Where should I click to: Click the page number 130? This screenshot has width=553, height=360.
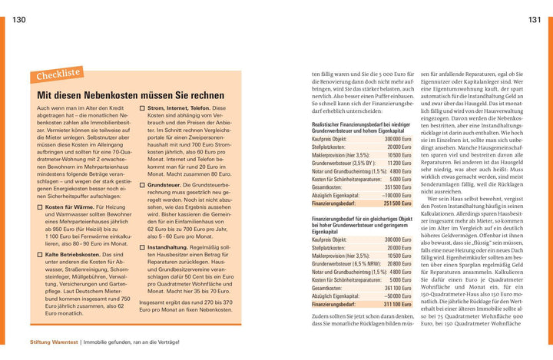point(20,18)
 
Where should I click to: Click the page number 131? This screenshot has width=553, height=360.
point(533,18)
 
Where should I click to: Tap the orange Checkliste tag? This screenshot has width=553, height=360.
point(58,74)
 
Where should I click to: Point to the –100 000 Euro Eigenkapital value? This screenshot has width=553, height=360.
point(397,195)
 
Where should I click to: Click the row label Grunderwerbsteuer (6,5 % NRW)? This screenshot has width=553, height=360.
point(346,263)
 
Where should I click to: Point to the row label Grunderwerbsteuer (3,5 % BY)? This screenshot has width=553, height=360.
point(343,163)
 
